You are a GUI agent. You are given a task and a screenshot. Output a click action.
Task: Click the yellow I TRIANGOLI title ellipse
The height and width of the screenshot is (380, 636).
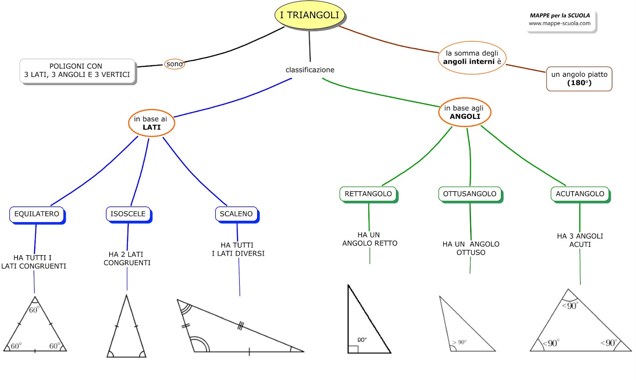pos(310,15)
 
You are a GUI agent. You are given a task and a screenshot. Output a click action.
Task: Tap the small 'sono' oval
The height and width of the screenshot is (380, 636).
pos(175,64)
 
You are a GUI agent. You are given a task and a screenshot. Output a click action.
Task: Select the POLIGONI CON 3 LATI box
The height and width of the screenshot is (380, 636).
pos(77,71)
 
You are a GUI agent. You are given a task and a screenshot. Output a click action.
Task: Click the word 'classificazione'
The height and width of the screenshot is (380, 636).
pos(310,70)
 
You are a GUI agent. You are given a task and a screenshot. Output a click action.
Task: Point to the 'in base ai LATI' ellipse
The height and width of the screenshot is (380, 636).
pos(151,123)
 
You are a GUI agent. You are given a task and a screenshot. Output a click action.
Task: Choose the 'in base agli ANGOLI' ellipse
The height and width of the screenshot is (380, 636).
pos(465,112)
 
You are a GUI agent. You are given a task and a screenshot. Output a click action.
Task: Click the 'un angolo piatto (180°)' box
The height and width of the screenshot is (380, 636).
pos(579,79)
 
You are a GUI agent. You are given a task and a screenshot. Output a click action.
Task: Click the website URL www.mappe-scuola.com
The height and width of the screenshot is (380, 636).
pos(560,23)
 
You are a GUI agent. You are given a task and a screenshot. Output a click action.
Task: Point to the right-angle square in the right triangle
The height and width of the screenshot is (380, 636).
pos(353,349)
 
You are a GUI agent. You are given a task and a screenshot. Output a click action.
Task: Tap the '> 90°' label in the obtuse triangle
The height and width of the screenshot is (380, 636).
pos(460,342)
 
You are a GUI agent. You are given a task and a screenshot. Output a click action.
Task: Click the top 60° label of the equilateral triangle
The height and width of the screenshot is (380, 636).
pos(34,310)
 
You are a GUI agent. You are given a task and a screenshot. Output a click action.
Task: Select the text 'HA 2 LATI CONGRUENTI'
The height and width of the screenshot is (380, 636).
pos(127,258)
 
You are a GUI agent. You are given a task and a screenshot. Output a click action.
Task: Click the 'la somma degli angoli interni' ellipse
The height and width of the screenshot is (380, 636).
pos(472,58)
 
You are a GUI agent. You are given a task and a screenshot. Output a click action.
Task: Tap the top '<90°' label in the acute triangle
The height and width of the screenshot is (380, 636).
pos(570,306)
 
